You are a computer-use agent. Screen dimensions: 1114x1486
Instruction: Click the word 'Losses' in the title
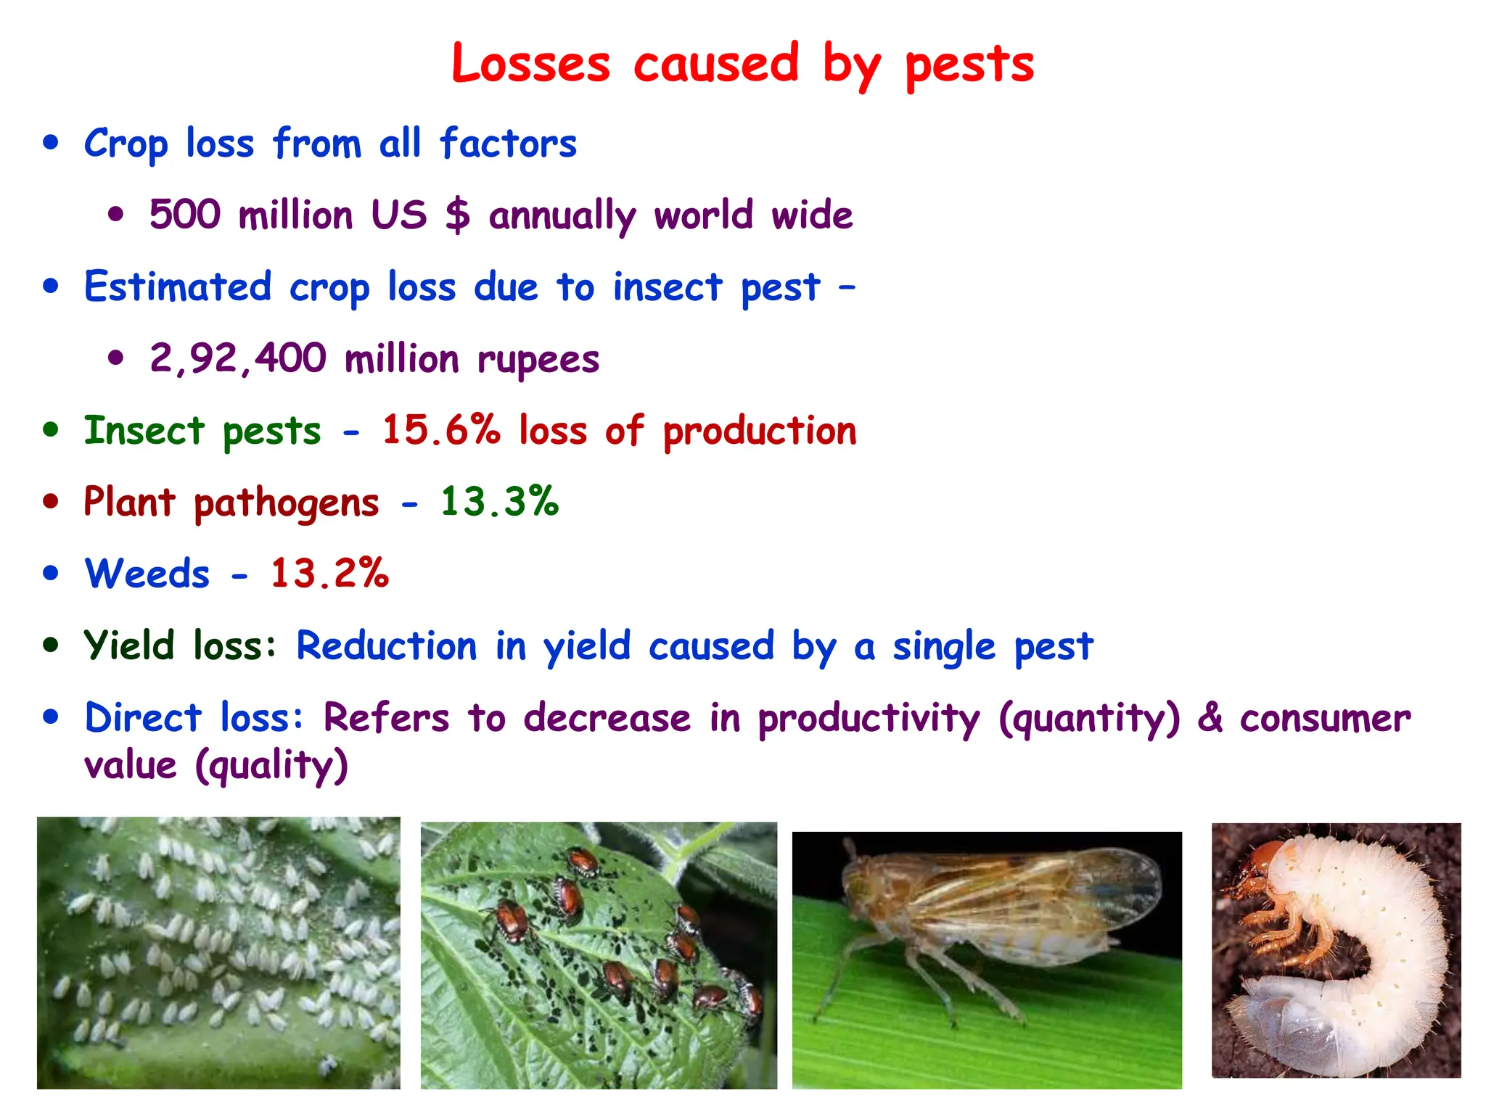click(x=530, y=64)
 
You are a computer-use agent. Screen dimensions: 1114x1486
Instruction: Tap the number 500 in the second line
click(x=184, y=215)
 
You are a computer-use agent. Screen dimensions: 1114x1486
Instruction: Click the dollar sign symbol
click(x=458, y=215)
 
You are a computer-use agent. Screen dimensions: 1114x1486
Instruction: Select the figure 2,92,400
click(x=238, y=358)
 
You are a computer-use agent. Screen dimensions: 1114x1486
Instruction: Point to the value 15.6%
click(x=441, y=429)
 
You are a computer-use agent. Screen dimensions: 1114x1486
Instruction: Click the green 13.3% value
click(x=499, y=501)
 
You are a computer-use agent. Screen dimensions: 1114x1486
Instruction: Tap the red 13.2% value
click(x=329, y=573)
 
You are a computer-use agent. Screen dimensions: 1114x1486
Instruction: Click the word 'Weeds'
click(x=147, y=574)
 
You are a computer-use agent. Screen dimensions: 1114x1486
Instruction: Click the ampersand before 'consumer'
click(x=1210, y=717)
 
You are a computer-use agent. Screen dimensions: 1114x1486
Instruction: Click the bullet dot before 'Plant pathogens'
click(x=50, y=501)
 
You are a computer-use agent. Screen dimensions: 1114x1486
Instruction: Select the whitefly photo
click(x=218, y=952)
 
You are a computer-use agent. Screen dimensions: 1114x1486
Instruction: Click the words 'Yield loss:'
click(x=180, y=645)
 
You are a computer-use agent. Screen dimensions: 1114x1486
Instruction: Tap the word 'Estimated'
click(x=178, y=286)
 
